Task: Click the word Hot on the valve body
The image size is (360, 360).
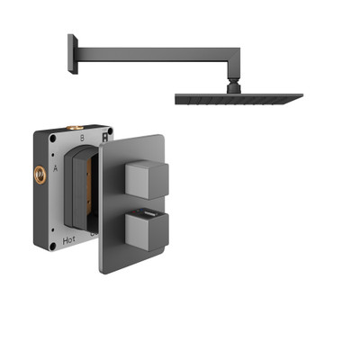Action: pos(69,240)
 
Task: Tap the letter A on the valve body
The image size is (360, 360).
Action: pos(56,167)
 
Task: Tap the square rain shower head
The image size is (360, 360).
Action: pos(238,99)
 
